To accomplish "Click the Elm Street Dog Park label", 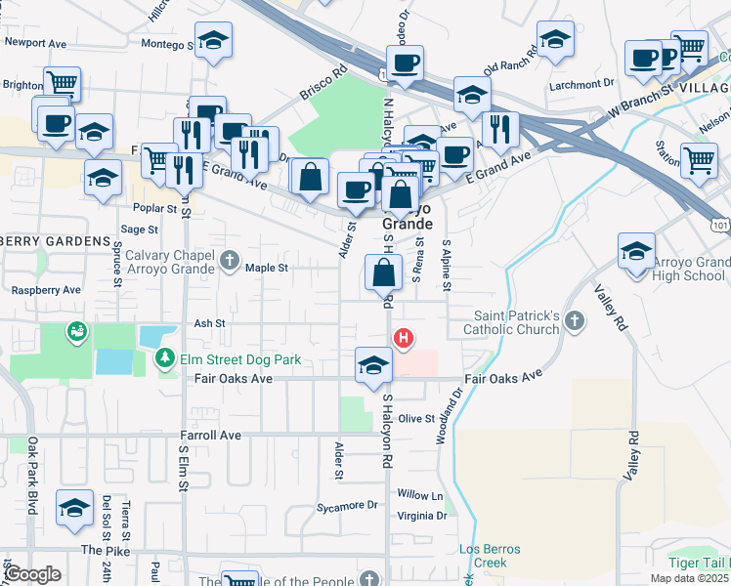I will (x=239, y=359).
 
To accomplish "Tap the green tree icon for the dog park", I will (x=166, y=359).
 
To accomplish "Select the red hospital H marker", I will (x=402, y=338).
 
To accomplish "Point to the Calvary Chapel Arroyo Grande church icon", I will (x=229, y=259).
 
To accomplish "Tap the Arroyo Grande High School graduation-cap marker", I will (x=636, y=251).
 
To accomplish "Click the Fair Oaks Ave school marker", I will (x=372, y=365).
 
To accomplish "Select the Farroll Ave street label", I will (x=210, y=435).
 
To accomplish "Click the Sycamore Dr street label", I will (x=347, y=506).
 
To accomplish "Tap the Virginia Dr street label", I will (x=422, y=516).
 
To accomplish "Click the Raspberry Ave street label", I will (x=45, y=290).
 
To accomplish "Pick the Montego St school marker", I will (x=211, y=41).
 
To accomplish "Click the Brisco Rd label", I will (x=326, y=77).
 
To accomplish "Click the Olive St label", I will (x=415, y=418).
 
